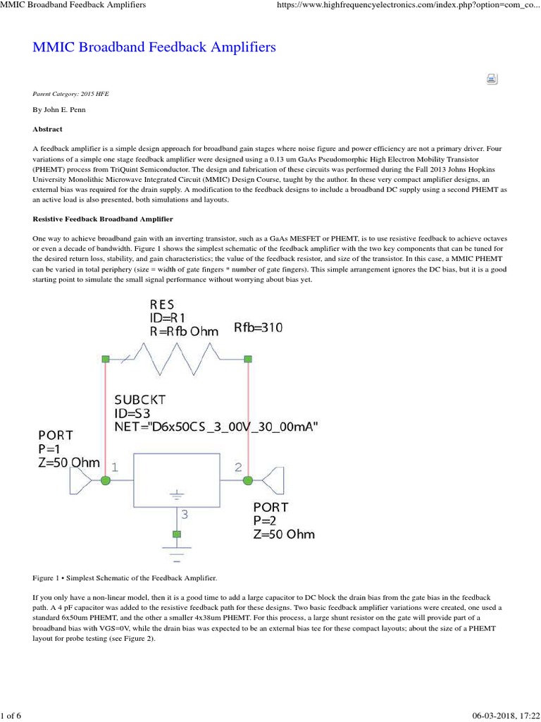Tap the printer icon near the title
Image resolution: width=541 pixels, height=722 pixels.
(492, 79)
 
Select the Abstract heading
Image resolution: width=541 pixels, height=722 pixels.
(48, 129)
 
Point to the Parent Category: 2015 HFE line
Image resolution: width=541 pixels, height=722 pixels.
(71, 93)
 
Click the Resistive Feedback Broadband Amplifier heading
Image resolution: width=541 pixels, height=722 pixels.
(103, 220)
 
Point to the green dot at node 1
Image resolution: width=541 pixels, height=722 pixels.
(106, 480)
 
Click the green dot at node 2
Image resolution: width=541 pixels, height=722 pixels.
(248, 480)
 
